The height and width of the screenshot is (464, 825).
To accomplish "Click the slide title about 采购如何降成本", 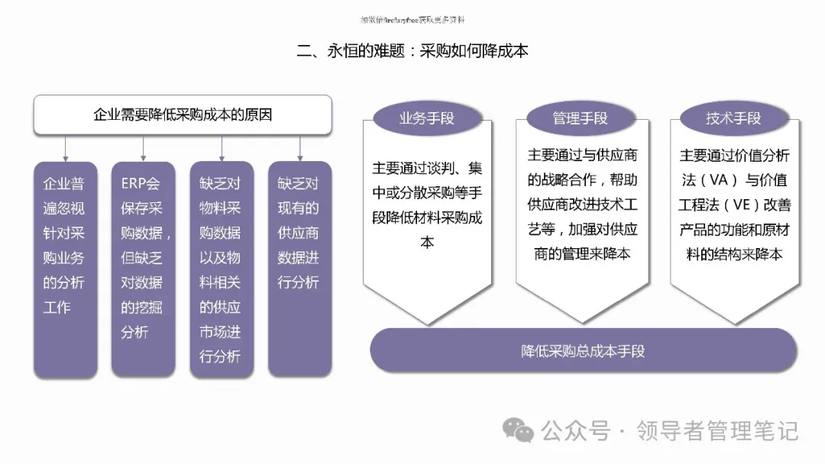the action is point(412,51).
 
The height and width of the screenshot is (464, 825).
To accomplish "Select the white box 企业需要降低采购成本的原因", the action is point(183,115).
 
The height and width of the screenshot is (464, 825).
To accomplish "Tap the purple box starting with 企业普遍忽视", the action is point(65,269).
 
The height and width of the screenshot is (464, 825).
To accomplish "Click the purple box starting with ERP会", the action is point(143,269).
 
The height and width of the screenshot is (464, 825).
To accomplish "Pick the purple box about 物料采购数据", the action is point(221,269).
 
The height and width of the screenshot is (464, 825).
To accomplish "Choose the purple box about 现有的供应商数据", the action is point(299,269).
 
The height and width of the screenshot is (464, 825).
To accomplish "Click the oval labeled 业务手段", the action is point(427,118).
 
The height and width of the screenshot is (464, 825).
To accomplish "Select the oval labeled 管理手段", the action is point(581,118).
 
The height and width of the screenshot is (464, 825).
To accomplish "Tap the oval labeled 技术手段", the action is point(734,118).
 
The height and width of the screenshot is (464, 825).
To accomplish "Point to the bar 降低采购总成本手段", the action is point(583,351).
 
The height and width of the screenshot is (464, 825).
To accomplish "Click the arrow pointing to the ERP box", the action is point(144,148).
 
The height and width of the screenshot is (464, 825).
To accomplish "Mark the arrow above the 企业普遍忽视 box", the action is point(66,148).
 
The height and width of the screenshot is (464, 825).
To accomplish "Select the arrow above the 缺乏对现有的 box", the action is point(300,148).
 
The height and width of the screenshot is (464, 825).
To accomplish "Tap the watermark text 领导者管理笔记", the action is point(717,431).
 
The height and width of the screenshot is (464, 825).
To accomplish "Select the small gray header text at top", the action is point(412,20).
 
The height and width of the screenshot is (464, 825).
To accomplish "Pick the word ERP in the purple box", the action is point(134,184).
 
